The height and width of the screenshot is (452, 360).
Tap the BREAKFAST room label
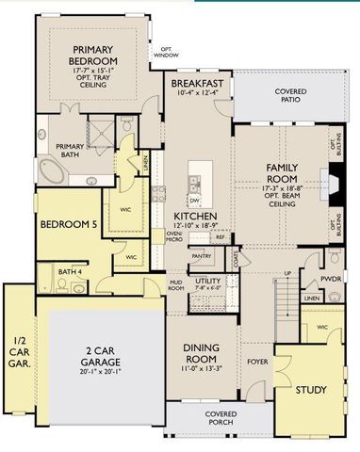point(198,84)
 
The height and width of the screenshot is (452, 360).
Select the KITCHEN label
point(195,216)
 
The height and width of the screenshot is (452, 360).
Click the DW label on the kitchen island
point(193,200)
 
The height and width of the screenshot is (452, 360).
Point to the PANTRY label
point(201,255)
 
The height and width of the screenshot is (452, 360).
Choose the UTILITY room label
point(207,280)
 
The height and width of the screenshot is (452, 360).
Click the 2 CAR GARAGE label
point(97,357)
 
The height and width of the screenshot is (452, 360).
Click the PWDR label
point(330,280)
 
